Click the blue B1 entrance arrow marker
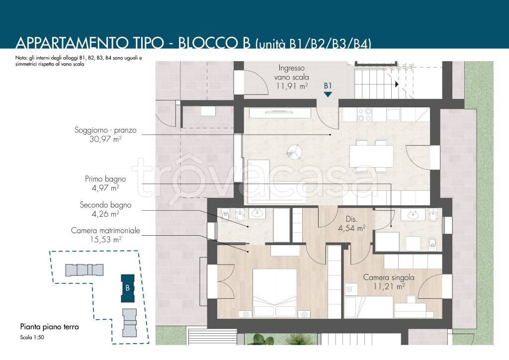click(328, 94)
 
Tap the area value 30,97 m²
click(105, 139)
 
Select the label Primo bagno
click(105, 179)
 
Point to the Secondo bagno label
click(106, 205)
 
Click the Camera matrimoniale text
click(105, 231)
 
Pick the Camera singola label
click(389, 277)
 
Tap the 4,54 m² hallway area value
click(351, 228)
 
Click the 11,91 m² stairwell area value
click(292, 87)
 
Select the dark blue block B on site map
click(128, 288)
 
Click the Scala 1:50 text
click(32, 337)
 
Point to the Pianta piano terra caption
click(49, 327)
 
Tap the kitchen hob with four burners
click(364, 114)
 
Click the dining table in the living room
click(371, 156)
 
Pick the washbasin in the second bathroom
click(258, 214)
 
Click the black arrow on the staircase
click(397, 85)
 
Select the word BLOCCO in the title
click(215, 43)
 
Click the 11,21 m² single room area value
click(389, 286)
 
